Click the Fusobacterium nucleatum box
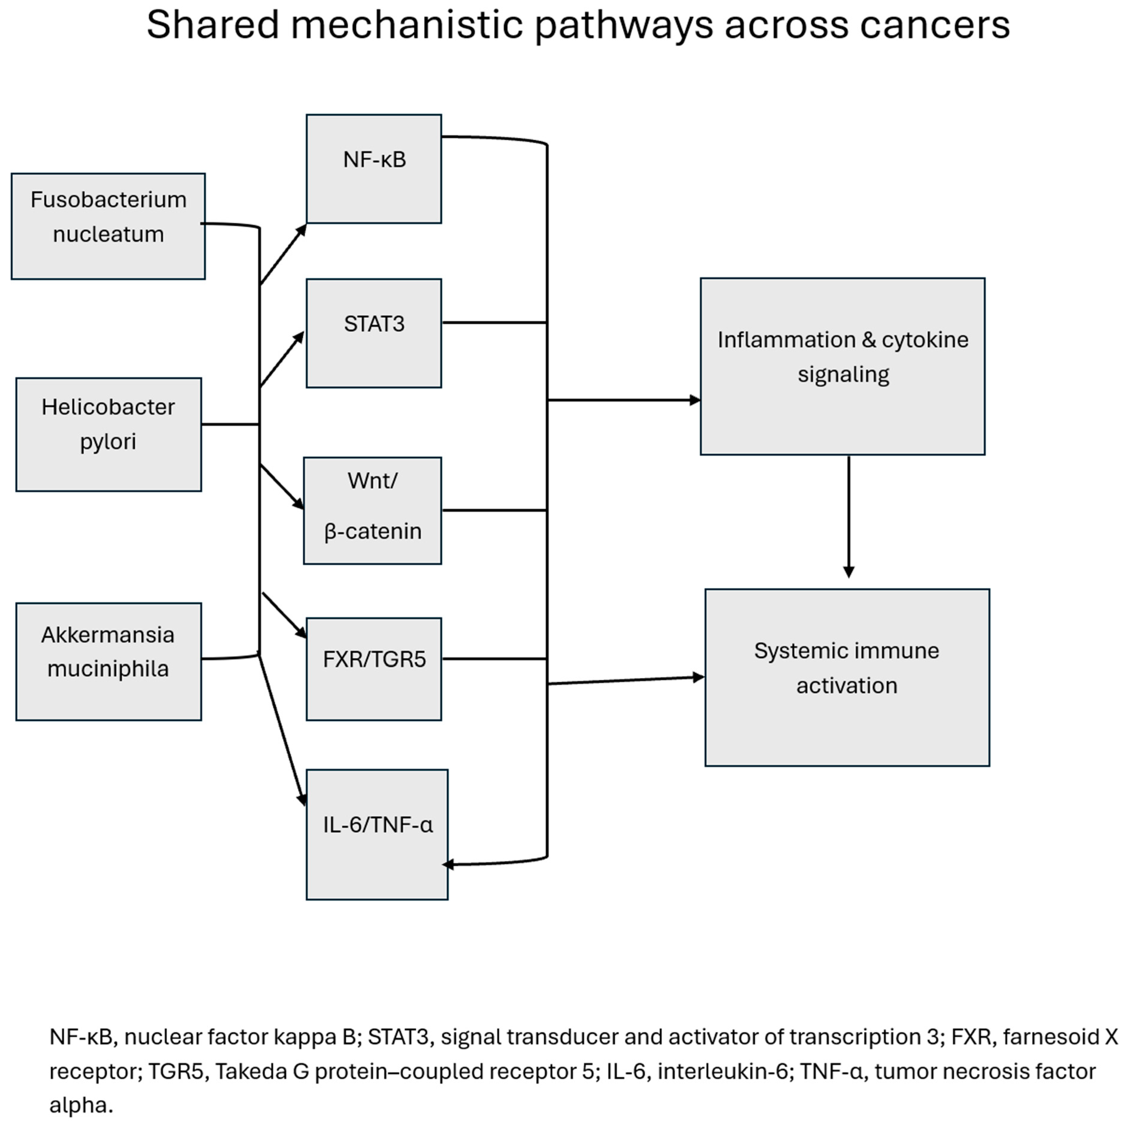pyautogui.click(x=108, y=226)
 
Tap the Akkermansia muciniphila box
pyautogui.click(x=108, y=661)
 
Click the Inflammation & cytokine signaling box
pyautogui.click(x=842, y=366)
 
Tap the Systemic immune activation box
pyautogui.click(x=847, y=677)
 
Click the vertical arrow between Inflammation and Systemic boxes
pyautogui.click(x=849, y=517)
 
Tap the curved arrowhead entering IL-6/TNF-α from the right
pyautogui.click(x=448, y=864)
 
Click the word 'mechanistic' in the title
pyautogui.click(x=411, y=25)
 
